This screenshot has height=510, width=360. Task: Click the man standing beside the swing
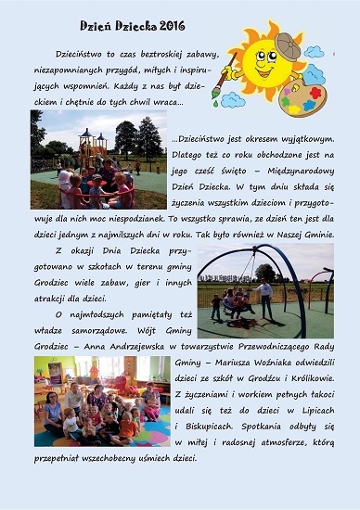pos(267,297)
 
